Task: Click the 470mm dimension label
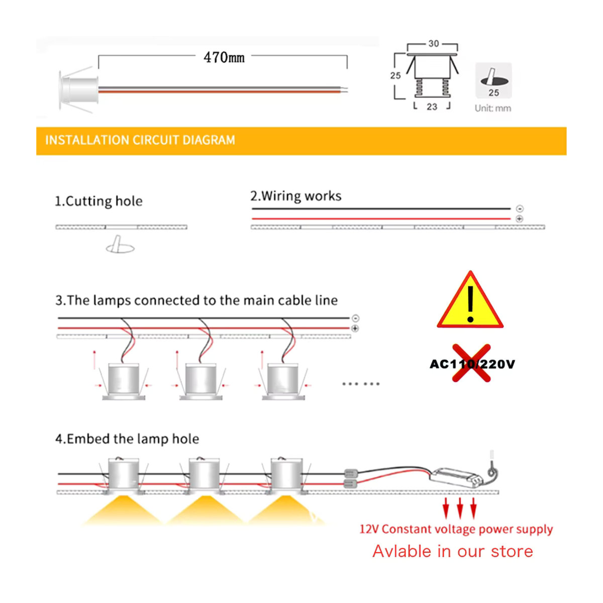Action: (x=224, y=57)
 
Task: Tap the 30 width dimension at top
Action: (x=434, y=44)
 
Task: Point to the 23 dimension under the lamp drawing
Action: (x=432, y=107)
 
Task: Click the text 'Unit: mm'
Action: (x=493, y=108)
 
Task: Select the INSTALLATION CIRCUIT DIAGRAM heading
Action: (x=140, y=140)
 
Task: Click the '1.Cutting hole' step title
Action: (x=98, y=201)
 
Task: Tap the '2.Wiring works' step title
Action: (x=295, y=196)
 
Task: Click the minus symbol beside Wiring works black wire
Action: (x=520, y=209)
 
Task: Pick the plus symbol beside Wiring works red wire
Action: (x=520, y=219)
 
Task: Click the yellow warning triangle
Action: (x=470, y=300)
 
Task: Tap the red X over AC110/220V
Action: (x=471, y=363)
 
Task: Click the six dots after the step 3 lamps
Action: (x=361, y=383)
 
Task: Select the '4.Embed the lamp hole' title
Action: (x=127, y=439)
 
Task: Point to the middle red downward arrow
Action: (x=460, y=508)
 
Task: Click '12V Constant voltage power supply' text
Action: (x=456, y=529)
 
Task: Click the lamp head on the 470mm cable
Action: (x=78, y=90)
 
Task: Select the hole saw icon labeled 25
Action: (x=493, y=80)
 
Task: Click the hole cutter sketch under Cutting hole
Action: (x=120, y=244)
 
